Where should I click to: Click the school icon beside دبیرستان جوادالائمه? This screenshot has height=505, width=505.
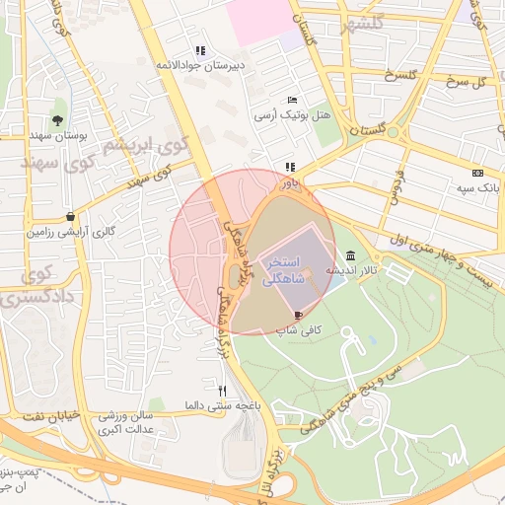tap(200, 50)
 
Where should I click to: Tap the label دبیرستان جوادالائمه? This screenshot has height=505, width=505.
tap(200, 65)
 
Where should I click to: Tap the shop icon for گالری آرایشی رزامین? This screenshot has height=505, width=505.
tap(70, 216)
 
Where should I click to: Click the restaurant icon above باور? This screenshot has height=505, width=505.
tap(289, 168)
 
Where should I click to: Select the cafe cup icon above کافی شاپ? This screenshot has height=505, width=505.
tap(299, 315)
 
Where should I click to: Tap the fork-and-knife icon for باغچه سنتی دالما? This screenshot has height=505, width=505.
tap(222, 391)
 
